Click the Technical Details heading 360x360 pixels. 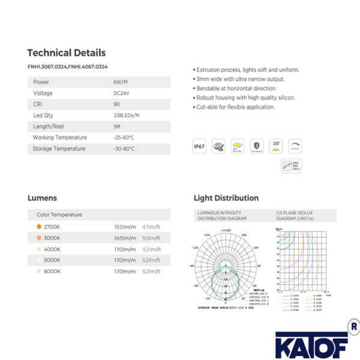coord(66,53)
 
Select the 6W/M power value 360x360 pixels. coord(121,82)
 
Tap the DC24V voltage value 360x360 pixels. coord(122,93)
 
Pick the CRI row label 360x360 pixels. coord(38,104)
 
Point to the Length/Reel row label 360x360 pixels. coord(49,126)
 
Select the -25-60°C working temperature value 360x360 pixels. coord(124,137)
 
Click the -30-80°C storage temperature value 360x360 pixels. coord(124,148)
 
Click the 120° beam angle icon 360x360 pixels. coord(276,146)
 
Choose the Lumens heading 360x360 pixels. coord(42,198)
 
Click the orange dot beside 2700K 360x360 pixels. coord(38,227)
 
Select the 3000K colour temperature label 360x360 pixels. coord(52,238)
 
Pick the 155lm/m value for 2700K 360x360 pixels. coord(125,227)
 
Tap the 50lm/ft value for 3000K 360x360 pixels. coord(151,238)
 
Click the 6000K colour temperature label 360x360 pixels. coord(52,271)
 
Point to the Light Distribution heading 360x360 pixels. coord(226,198)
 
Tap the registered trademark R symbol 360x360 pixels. coord(353,328)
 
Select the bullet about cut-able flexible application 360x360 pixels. coord(235,107)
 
